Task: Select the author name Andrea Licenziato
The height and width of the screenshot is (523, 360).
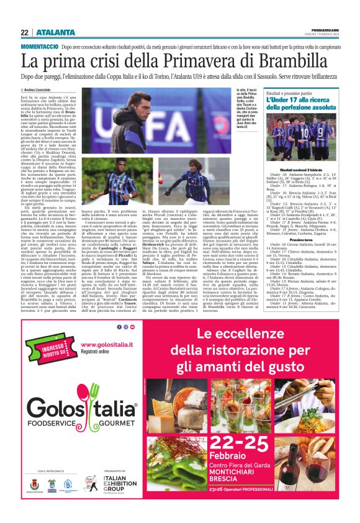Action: (40, 90)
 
